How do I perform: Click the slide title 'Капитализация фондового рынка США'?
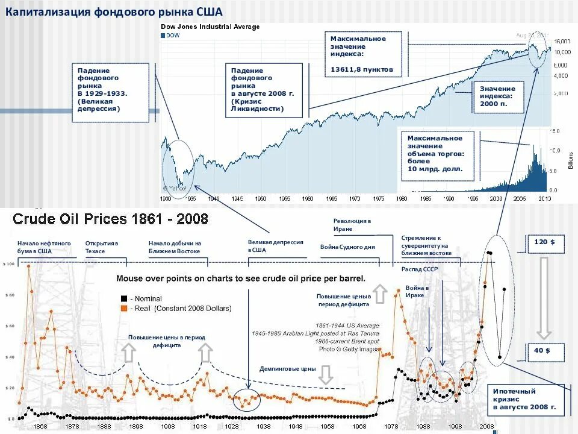tap(114, 13)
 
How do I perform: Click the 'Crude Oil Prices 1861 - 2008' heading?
tap(111, 219)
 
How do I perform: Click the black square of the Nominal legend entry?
tap(124, 298)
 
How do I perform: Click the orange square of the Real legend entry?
tap(124, 308)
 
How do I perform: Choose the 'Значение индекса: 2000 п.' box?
tap(497, 96)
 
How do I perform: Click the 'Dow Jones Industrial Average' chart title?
tap(210, 27)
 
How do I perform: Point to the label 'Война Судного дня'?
tap(347, 247)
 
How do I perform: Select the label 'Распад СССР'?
tap(419, 269)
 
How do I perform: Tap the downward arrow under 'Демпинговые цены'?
tap(326, 376)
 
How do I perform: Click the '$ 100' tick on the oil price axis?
tap(8, 264)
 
